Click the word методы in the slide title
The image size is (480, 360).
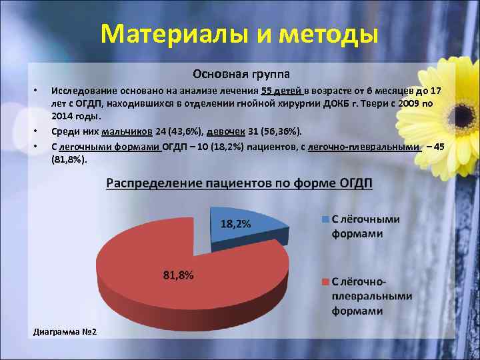tap(326, 33)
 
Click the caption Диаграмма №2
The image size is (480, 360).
tap(65, 331)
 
